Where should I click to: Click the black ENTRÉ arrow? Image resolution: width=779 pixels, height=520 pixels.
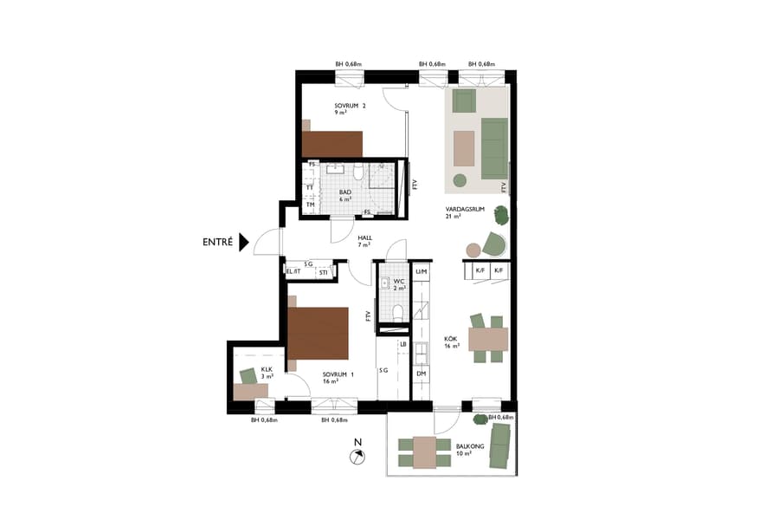click(243, 243)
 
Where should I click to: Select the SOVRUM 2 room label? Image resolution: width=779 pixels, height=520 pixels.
click(351, 107)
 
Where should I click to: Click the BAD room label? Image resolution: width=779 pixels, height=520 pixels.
click(344, 192)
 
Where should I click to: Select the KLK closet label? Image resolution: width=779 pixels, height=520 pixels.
click(267, 369)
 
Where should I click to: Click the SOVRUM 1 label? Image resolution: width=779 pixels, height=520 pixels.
click(332, 374)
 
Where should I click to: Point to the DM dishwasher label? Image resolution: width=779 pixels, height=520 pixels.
click(422, 374)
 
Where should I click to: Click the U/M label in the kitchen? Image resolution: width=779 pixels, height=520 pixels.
click(422, 272)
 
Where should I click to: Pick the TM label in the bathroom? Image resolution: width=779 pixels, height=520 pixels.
click(309, 205)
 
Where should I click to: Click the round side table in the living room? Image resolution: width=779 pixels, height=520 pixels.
click(473, 250)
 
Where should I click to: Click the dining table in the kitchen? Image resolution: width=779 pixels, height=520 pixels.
click(488, 338)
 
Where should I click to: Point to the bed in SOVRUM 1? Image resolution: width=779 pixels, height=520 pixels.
click(319, 332)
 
